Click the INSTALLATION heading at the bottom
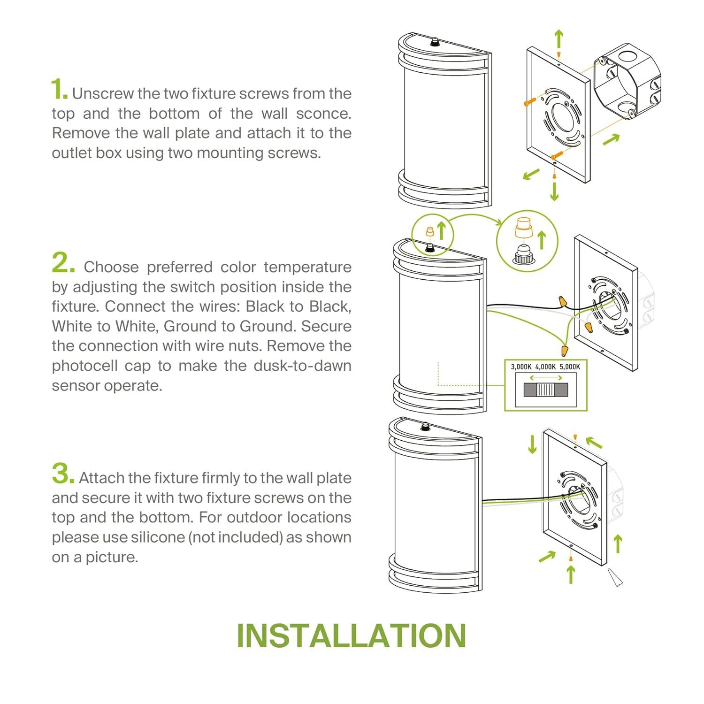click(352, 635)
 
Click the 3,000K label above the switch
click(521, 367)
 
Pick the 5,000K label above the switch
click(570, 367)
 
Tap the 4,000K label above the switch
click(546, 367)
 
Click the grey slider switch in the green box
click(546, 390)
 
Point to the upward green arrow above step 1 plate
click(558, 38)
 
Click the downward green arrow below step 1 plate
click(554, 191)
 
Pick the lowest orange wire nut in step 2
click(562, 350)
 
